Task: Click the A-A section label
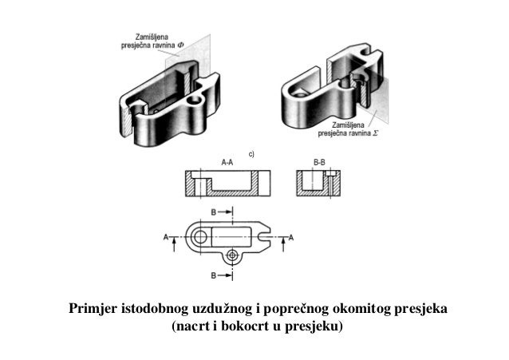[x=227, y=162]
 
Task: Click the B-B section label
[x=318, y=162]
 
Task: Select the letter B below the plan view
[x=213, y=275]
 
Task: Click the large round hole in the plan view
[x=199, y=236]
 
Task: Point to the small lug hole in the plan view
[x=232, y=255]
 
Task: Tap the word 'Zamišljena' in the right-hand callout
[x=350, y=125]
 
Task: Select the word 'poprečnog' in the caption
[x=298, y=308]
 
